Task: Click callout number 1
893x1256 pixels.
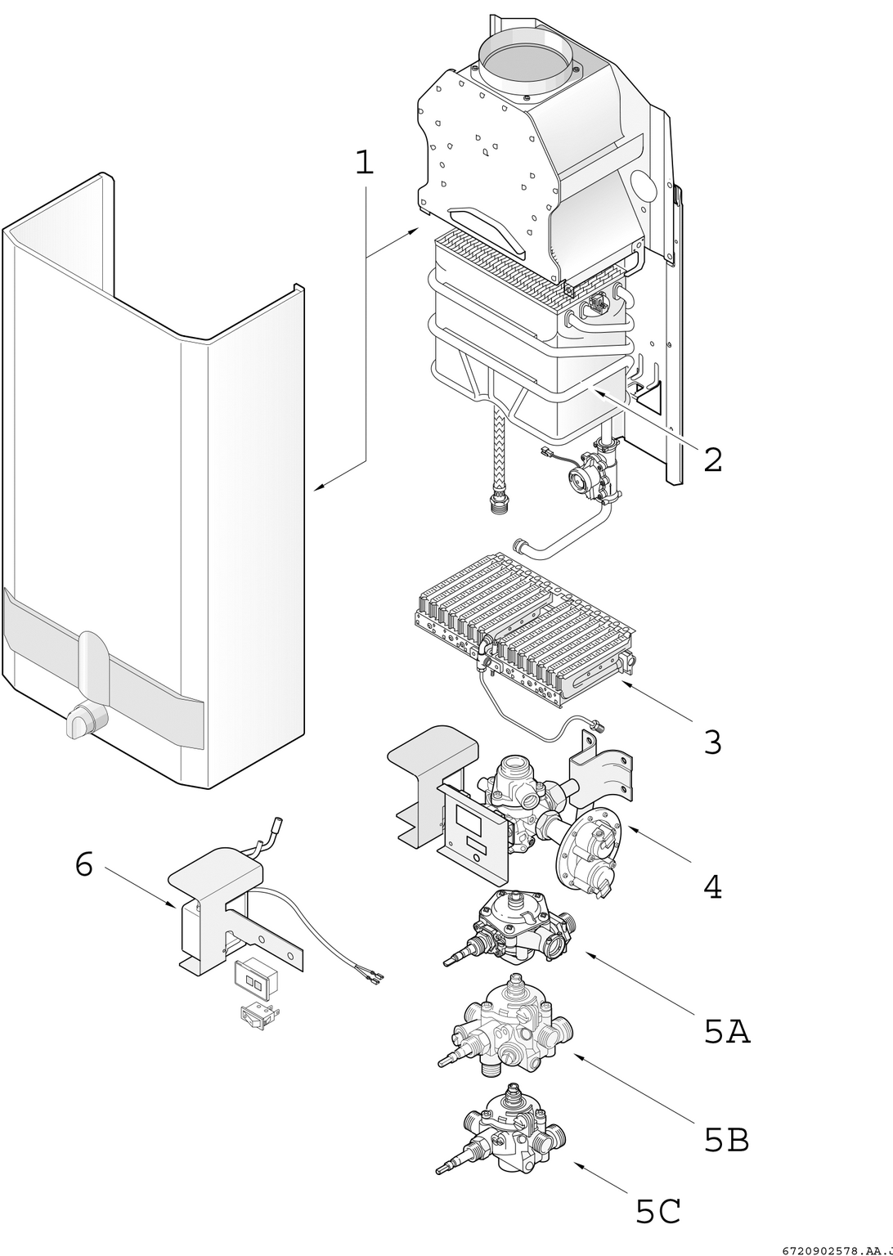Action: tap(364, 163)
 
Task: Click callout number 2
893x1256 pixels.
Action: tap(712, 460)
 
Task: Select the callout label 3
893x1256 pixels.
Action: tap(712, 742)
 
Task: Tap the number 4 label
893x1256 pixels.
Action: tap(712, 887)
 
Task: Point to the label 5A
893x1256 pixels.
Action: tap(726, 1033)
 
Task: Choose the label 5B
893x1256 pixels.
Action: tap(726, 1140)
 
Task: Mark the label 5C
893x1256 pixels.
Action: tap(658, 1212)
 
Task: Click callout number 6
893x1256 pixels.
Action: tap(83, 864)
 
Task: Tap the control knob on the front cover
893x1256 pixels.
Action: tap(82, 720)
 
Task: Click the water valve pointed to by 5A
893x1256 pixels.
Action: tap(515, 927)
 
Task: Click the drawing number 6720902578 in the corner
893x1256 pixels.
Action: tap(834, 1250)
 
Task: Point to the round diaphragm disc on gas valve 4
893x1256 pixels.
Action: tap(587, 850)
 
